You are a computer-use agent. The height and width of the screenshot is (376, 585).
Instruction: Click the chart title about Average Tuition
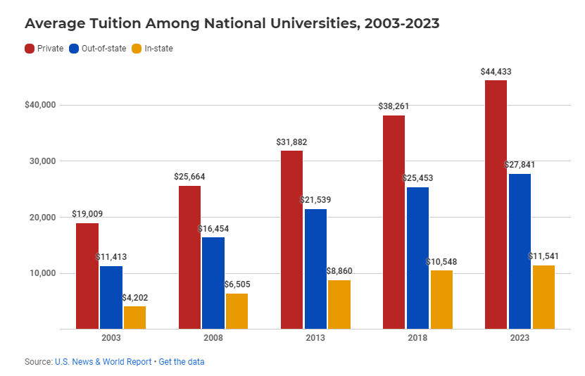[232, 23]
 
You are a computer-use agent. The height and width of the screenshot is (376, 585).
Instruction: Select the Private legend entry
[44, 49]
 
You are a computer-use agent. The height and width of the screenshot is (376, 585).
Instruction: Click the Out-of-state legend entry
[96, 49]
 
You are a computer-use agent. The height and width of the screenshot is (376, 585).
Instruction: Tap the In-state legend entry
[152, 49]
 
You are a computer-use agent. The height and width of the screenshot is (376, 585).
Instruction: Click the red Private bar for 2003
[87, 276]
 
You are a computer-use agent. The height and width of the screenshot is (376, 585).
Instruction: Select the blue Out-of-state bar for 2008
[213, 283]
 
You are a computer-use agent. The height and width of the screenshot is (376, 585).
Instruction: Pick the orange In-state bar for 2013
[339, 304]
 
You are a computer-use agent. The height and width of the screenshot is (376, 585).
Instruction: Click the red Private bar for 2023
[496, 204]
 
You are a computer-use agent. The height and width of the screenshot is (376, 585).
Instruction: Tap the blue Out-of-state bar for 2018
[417, 258]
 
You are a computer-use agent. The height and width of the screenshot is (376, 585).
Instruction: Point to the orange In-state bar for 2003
[134, 318]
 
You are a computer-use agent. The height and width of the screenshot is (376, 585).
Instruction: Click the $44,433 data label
[496, 72]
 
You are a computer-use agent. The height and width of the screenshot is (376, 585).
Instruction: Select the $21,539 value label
[315, 200]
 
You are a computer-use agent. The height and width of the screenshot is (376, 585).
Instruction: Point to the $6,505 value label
[236, 284]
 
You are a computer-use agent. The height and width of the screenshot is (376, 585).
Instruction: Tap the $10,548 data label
[441, 262]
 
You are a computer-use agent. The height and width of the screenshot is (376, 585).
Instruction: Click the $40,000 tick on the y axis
[40, 105]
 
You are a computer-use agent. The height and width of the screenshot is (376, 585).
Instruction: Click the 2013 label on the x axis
[315, 338]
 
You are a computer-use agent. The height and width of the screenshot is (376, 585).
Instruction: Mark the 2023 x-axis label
[520, 338]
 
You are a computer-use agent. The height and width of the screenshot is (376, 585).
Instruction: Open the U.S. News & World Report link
[103, 361]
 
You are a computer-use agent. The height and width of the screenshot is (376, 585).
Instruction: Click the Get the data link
[182, 361]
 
